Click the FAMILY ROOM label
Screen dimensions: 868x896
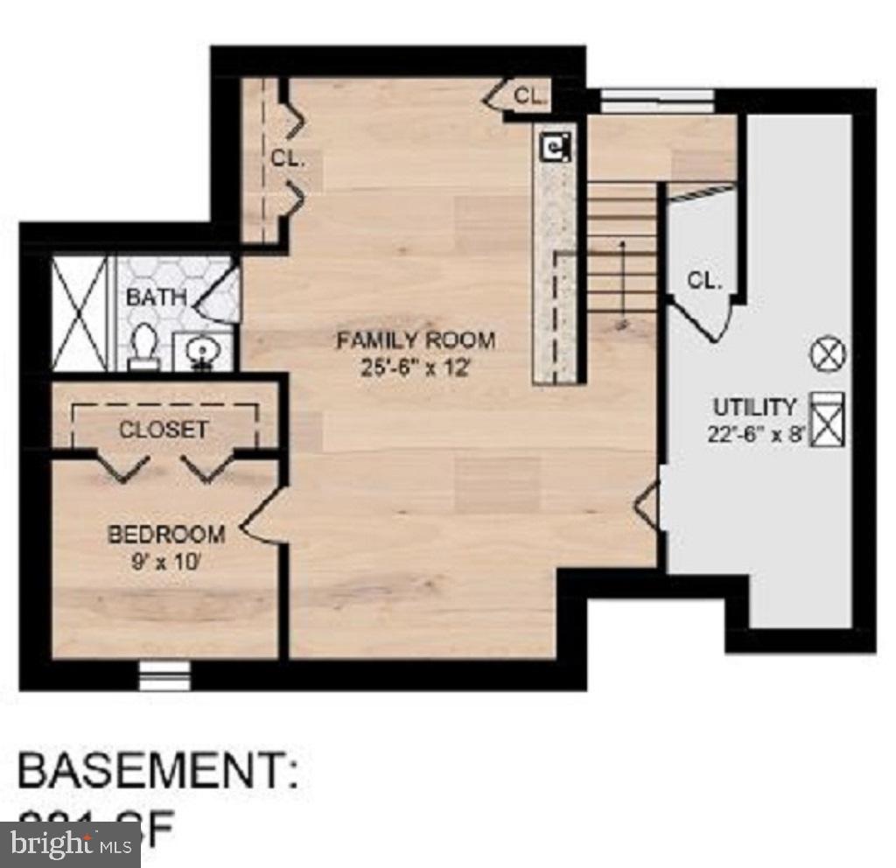[416, 340]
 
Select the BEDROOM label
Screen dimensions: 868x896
[166, 533]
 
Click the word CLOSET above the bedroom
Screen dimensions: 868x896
[164, 430]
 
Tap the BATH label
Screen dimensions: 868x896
[157, 297]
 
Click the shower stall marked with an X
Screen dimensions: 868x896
[78, 312]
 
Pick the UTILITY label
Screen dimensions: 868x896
[754, 407]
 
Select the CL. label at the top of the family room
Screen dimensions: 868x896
[529, 96]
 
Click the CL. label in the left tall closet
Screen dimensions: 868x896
[287, 159]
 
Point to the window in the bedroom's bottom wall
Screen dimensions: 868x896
[164, 675]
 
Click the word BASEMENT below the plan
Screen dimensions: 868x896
[157, 772]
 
